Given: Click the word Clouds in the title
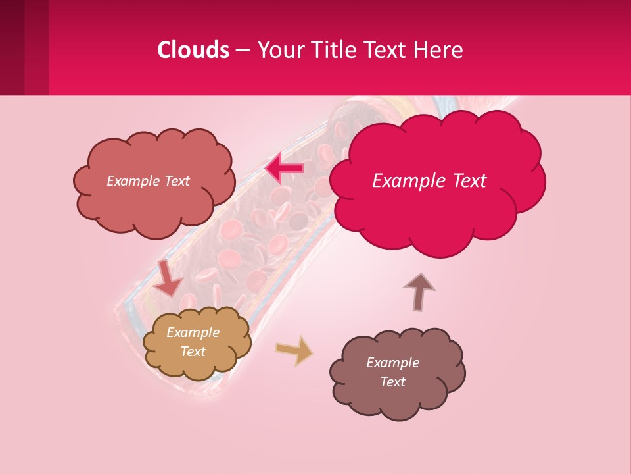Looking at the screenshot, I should click(x=194, y=50).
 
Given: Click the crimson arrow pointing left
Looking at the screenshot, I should click(x=284, y=168).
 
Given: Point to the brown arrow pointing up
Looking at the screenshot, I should click(x=419, y=291).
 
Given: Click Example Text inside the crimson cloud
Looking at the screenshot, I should click(x=429, y=181).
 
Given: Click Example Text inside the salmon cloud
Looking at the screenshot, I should click(x=148, y=181).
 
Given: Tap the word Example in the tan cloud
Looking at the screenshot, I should click(x=193, y=332).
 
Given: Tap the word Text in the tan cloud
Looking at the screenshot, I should click(x=193, y=352).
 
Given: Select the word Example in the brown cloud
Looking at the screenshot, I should click(x=392, y=363).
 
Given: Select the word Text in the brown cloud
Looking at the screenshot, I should click(x=392, y=382).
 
